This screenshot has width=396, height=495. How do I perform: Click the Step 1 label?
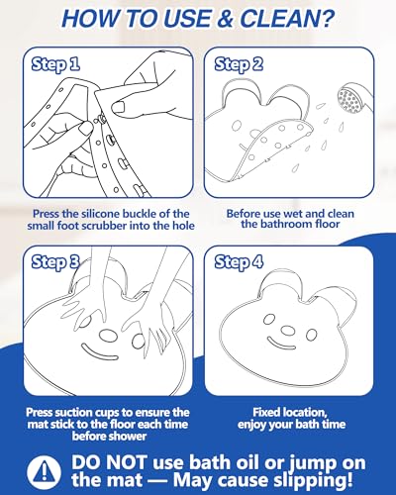(x=55, y=64)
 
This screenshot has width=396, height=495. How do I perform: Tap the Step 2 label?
(x=239, y=64)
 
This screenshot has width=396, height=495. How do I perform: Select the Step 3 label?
(x=55, y=262)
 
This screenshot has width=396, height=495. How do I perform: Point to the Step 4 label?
(x=239, y=262)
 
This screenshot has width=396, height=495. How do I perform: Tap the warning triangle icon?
(x=44, y=470)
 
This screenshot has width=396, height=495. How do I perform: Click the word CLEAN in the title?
(x=278, y=19)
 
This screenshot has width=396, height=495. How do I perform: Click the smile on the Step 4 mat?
(x=281, y=344)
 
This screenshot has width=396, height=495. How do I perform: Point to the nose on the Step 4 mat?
(x=288, y=330)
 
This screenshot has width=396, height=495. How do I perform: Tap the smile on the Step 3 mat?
(x=99, y=352)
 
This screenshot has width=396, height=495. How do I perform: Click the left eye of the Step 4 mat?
(x=269, y=319)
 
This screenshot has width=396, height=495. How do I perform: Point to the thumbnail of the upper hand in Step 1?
(x=119, y=107)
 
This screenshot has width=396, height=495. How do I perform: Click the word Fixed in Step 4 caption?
(x=266, y=413)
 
